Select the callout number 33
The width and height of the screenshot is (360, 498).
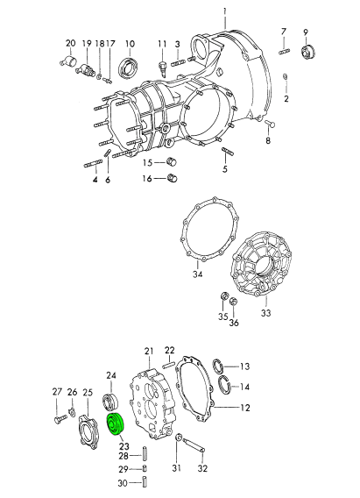pos(265,313)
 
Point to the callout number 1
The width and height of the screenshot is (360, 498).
pos(225,11)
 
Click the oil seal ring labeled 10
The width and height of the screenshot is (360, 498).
pos(127,67)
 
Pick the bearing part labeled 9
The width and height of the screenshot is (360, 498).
pos(307,52)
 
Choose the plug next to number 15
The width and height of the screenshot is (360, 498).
pos(172,162)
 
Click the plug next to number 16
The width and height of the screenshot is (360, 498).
pos(172,178)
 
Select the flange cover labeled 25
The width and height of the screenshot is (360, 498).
pos(87,430)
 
